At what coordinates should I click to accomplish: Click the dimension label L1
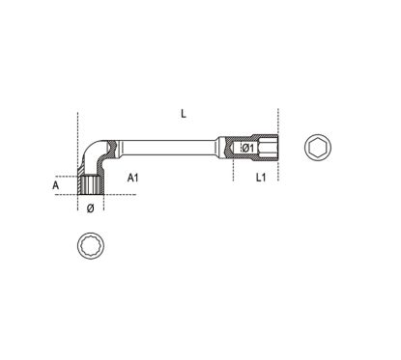(261, 179)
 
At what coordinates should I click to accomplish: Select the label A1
(134, 178)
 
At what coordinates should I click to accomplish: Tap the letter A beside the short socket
(56, 181)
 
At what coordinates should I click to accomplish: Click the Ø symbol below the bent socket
(90, 207)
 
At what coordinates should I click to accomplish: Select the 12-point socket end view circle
(90, 245)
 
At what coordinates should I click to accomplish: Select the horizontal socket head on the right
(255, 148)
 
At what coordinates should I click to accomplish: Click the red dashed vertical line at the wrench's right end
(278, 145)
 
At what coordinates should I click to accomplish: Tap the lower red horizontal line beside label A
(68, 194)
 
